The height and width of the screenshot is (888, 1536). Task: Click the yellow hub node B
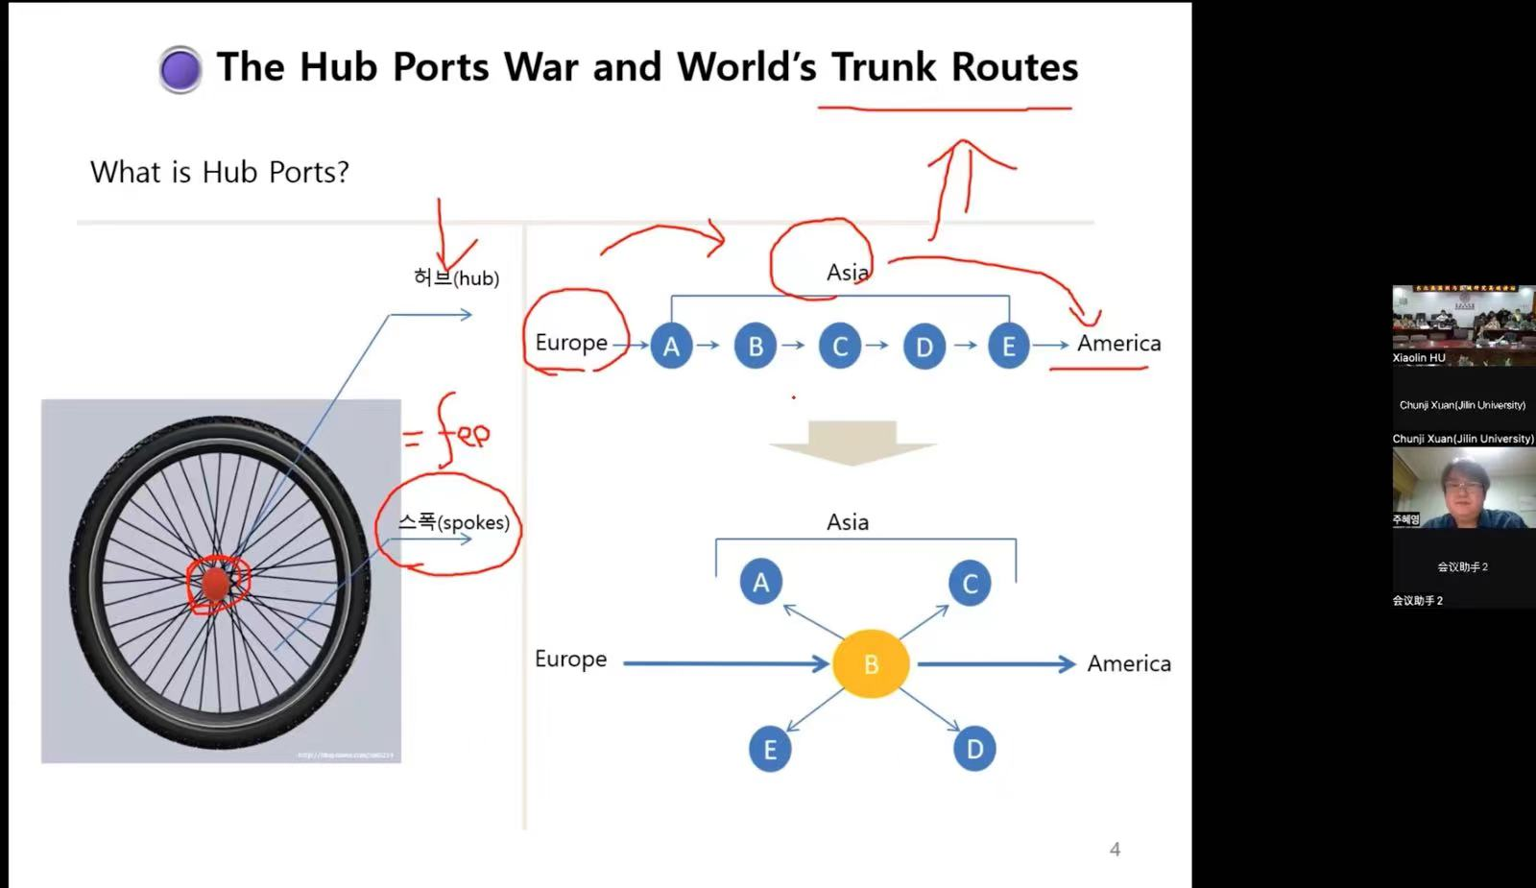pyautogui.click(x=871, y=663)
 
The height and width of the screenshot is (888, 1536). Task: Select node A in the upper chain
pyautogui.click(x=671, y=346)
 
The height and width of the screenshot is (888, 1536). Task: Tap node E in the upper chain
pyautogui.click(x=1008, y=346)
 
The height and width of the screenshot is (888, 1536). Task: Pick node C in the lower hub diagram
pyautogui.click(x=970, y=583)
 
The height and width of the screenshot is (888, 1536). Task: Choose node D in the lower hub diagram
pyautogui.click(x=974, y=749)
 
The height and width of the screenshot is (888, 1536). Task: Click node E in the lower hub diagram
pyautogui.click(x=769, y=750)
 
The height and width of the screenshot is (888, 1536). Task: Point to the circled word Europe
pyautogui.click(x=571, y=343)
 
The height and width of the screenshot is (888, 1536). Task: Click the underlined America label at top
pyautogui.click(x=1118, y=344)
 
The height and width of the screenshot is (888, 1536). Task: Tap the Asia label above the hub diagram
pyautogui.click(x=848, y=522)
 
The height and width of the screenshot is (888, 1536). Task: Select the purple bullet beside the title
pyautogui.click(x=180, y=69)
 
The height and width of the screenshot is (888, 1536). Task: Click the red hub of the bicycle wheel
pyautogui.click(x=216, y=583)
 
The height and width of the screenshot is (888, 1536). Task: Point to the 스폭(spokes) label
pyautogui.click(x=454, y=522)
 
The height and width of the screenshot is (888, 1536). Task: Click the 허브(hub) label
pyautogui.click(x=456, y=278)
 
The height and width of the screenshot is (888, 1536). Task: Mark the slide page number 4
pyautogui.click(x=1115, y=850)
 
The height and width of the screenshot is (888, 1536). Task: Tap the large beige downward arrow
pyautogui.click(x=852, y=443)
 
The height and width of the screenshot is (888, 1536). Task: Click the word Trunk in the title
pyautogui.click(x=883, y=67)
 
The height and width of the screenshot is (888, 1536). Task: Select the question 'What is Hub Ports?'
pyautogui.click(x=220, y=172)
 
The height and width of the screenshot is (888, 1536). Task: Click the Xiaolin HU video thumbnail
pyautogui.click(x=1463, y=324)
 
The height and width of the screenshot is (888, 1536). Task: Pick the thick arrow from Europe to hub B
pyautogui.click(x=725, y=662)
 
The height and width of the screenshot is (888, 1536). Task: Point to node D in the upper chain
pyautogui.click(x=924, y=346)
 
